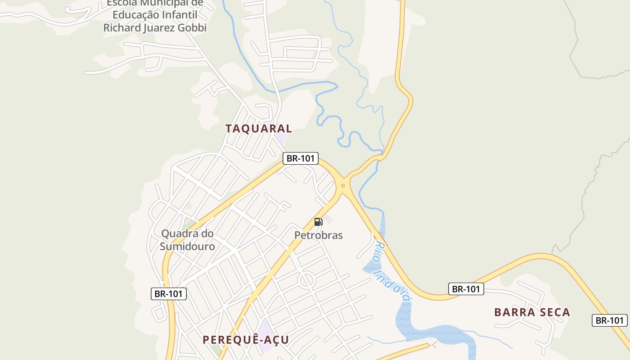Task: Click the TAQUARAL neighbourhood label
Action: click(x=259, y=128)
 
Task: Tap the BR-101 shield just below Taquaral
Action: click(x=301, y=158)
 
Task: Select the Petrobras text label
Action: click(x=319, y=235)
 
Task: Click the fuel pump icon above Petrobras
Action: click(x=318, y=221)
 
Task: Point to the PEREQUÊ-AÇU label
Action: click(x=246, y=339)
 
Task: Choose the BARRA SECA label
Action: click(x=532, y=312)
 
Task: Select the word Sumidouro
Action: click(x=187, y=246)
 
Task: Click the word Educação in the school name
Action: click(x=136, y=14)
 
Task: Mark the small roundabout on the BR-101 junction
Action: click(x=343, y=185)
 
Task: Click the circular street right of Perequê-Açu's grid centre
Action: click(x=306, y=280)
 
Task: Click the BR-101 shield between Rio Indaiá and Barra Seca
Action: click(x=466, y=289)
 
